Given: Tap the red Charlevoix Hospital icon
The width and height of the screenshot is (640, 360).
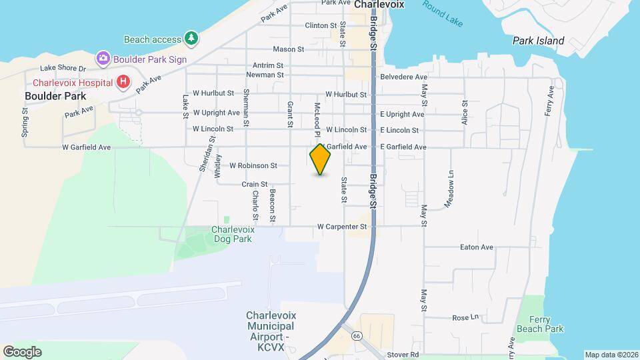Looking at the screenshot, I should point(123,83).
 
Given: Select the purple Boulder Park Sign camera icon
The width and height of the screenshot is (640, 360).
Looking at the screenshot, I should point(103,59).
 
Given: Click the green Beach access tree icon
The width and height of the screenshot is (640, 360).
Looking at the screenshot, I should point(191,39).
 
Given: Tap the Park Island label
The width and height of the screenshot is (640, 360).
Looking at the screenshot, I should point(538,41).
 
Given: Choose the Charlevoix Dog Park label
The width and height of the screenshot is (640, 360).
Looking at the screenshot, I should point(231,234).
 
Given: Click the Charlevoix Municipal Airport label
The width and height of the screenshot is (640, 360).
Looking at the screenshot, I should point(270,331).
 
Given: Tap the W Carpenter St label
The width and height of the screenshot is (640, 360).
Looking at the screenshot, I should point(342,227).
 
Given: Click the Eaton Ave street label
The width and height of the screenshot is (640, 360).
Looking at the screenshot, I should point(477,247).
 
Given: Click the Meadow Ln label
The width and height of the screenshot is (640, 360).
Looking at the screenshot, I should point(451,188).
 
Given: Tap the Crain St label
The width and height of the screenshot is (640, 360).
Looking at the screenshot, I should point(255,184).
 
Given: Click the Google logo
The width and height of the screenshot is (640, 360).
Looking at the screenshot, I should point(22,351).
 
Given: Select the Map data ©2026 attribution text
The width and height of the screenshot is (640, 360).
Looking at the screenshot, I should point(611,355).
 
